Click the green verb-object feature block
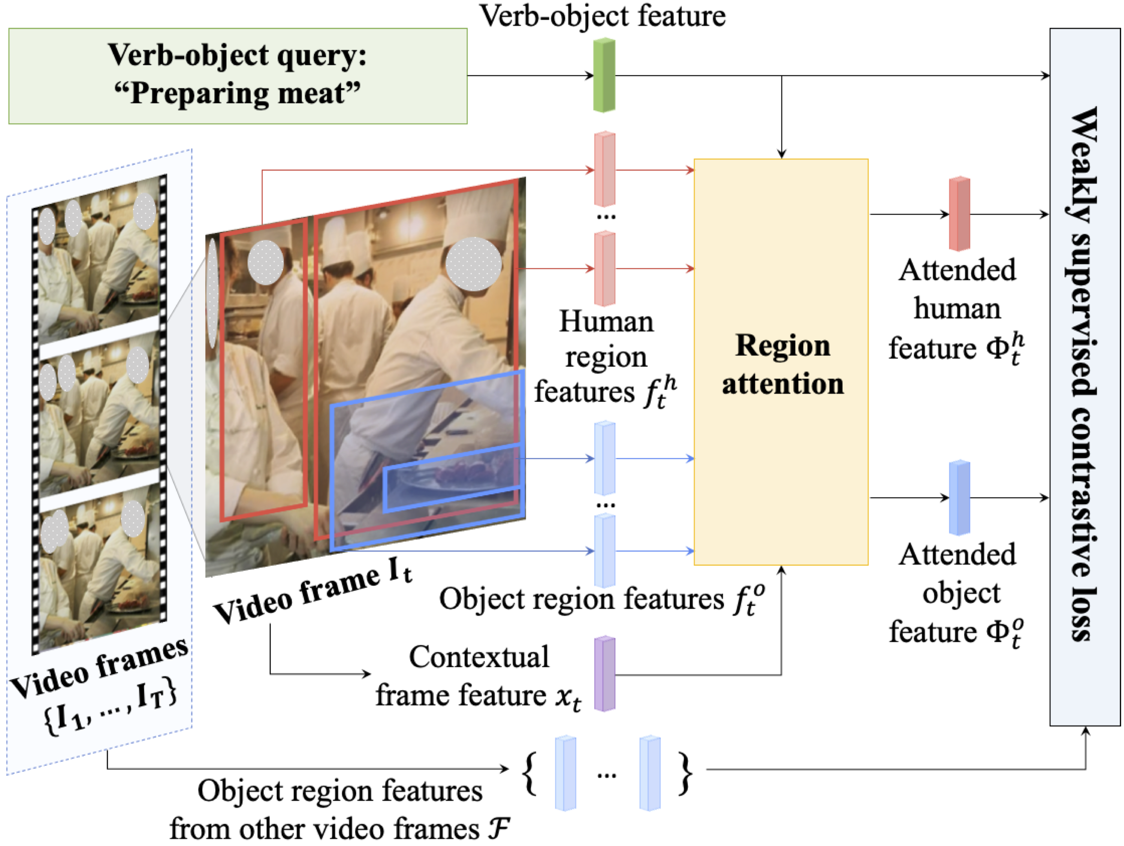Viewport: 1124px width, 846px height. (x=604, y=75)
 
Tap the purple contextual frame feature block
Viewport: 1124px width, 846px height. (x=604, y=673)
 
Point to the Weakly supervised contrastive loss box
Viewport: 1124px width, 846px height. (x=1085, y=376)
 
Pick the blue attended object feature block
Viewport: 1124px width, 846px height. (x=959, y=497)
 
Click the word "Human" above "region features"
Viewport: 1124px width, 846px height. (x=606, y=322)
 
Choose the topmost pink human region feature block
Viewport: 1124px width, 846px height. (x=604, y=169)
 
